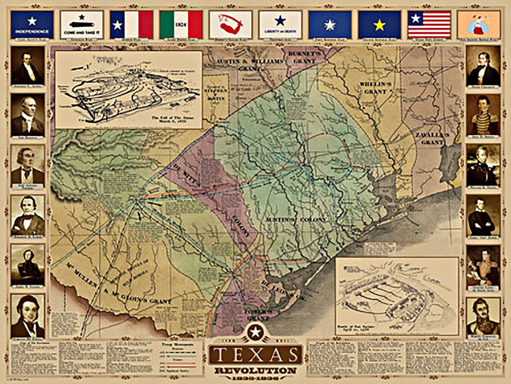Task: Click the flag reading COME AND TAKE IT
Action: tap(81, 24)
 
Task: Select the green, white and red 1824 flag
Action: tap(181, 24)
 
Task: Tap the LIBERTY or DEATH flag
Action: tap(280, 24)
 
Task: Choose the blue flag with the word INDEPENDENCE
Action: tap(32, 24)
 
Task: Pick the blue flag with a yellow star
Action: tap(379, 24)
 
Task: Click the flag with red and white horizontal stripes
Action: tap(429, 24)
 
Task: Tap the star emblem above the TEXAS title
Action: tap(255, 332)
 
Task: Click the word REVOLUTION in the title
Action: tap(255, 370)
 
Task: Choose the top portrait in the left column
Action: tap(27, 66)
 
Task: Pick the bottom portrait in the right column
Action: tap(483, 317)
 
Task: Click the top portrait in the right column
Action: tap(483, 66)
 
